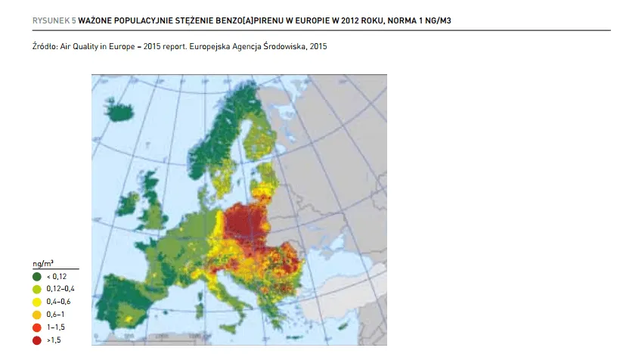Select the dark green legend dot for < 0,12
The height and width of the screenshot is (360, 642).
tap(36, 276)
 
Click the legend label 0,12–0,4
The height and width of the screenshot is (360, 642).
tap(60, 289)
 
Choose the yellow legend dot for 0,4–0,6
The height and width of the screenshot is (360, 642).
tap(36, 301)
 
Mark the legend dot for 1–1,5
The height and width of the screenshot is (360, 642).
tap(36, 326)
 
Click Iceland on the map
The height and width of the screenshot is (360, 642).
tap(123, 113)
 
